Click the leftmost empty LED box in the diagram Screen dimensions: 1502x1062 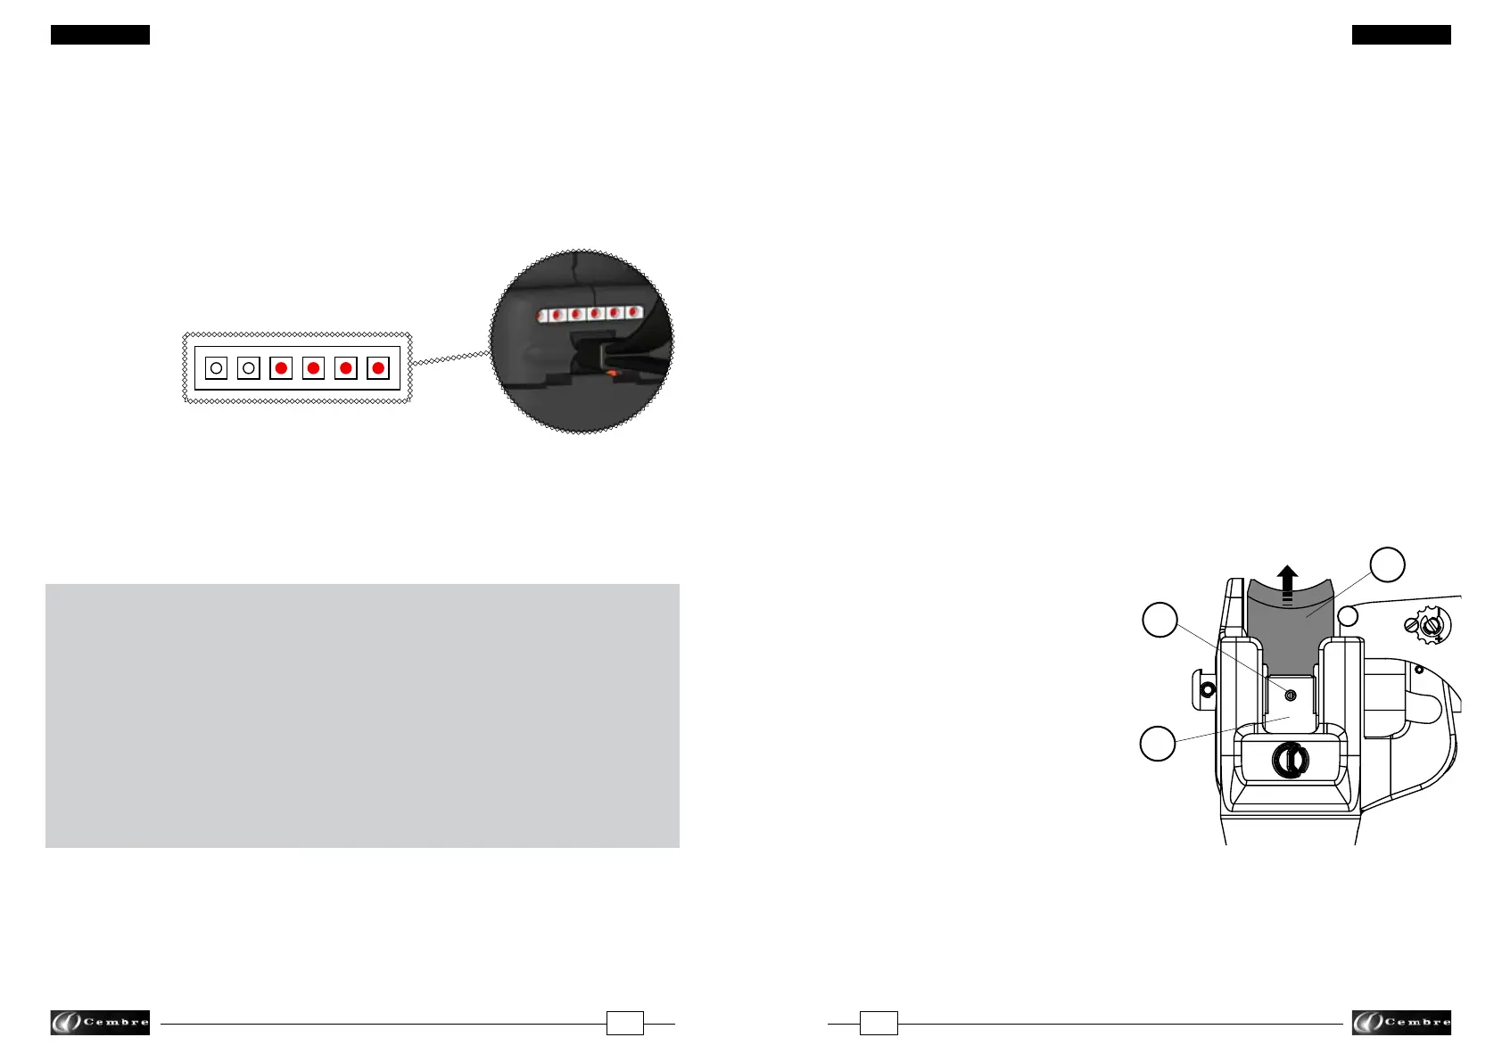click(216, 367)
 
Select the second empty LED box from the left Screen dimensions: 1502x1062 click(249, 367)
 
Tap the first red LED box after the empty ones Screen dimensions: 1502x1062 click(281, 367)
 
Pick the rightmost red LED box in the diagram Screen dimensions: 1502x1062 click(378, 367)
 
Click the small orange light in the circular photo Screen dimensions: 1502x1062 click(612, 372)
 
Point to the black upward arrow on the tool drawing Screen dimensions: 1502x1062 click(1286, 584)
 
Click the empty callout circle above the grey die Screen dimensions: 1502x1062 click(1387, 564)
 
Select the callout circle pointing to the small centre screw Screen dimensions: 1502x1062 click(1160, 620)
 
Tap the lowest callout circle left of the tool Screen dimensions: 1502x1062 click(1158, 744)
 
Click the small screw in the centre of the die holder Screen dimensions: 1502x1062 click(1290, 695)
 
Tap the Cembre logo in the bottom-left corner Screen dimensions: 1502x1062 click(100, 1023)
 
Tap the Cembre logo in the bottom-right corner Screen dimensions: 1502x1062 click(1401, 1023)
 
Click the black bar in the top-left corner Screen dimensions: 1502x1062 click(100, 35)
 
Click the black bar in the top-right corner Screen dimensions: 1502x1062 click(1401, 35)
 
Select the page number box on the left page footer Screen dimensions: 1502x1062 click(624, 1024)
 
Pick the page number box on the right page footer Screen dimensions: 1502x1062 click(879, 1024)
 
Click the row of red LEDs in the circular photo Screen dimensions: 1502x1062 click(589, 314)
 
